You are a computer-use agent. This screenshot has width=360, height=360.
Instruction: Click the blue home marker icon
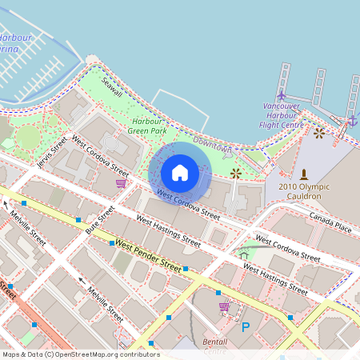pos(180,173)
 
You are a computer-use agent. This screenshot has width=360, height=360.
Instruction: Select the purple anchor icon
pos(352,121)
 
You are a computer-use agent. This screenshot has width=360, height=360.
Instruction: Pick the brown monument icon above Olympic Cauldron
pos(303,174)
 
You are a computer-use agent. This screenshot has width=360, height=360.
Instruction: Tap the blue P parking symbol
pos(246,326)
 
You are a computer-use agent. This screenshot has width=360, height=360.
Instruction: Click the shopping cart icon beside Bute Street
pos(121,183)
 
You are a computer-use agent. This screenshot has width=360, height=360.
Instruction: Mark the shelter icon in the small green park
pos(244,254)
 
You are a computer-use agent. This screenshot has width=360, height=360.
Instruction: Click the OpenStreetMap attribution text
pos(81,354)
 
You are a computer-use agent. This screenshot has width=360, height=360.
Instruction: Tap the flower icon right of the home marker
pos(235,173)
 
